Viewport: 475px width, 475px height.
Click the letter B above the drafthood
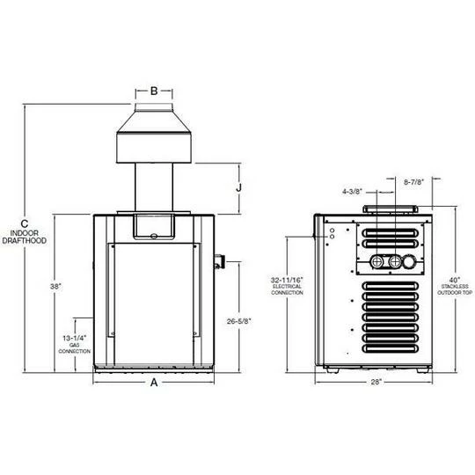pos(153,91)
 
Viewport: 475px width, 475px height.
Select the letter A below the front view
pos(154,383)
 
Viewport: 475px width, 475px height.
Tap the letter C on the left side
pos(26,223)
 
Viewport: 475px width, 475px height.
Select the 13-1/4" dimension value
pos(74,338)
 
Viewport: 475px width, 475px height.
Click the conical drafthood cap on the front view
pos(154,141)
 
